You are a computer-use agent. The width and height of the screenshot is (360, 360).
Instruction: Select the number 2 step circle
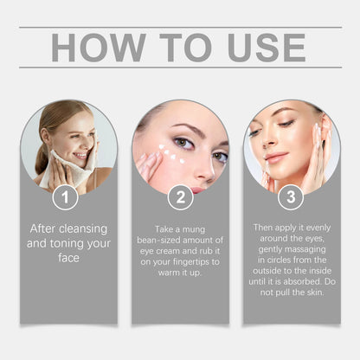[x=180, y=196]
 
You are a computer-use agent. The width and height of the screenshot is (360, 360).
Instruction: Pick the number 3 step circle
[x=291, y=196]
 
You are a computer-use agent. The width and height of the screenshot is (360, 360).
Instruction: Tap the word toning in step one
[x=70, y=243]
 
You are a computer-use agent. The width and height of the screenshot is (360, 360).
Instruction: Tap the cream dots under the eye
[x=171, y=157]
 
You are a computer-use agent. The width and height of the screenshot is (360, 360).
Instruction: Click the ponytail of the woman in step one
[x=42, y=156]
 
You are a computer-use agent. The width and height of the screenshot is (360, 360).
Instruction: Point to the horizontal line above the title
[x=180, y=27]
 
